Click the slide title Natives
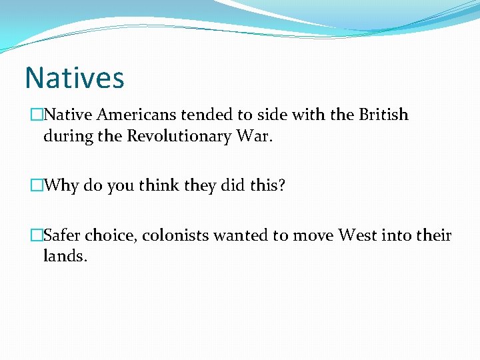click(x=74, y=77)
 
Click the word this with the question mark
click(x=267, y=185)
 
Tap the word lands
click(x=65, y=256)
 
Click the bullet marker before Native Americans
click(x=37, y=115)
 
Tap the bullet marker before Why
click(x=37, y=185)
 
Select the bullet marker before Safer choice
click(x=37, y=235)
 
